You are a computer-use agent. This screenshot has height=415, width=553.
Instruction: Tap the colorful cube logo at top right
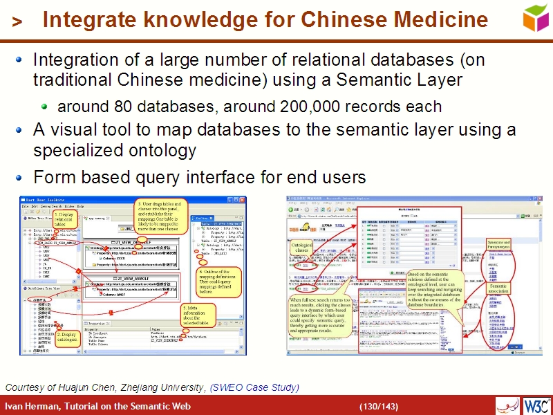[536, 18]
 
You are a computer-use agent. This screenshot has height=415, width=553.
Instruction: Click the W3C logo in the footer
[536, 405]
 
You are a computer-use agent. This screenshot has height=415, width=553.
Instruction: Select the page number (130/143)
[378, 406]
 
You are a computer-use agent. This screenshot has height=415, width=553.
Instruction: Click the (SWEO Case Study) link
[254, 387]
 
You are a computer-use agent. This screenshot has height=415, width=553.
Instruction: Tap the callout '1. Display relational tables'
[64, 219]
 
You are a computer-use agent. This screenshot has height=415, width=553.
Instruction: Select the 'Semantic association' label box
[498, 288]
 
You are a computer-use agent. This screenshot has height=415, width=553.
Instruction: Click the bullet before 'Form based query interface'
[19, 177]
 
